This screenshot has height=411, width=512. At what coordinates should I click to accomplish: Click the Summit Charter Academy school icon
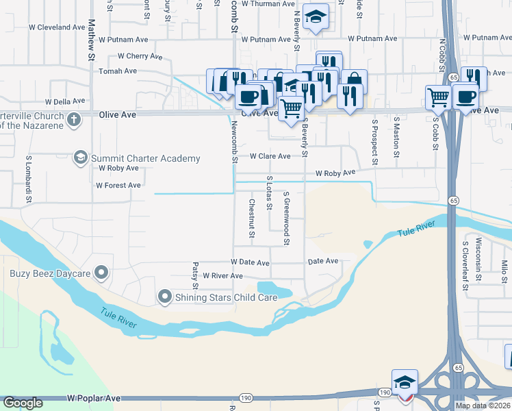(x=81, y=158)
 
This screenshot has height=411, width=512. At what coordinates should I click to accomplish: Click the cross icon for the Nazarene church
(x=74, y=120)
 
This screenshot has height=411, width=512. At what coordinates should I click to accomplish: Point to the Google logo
(x=23, y=403)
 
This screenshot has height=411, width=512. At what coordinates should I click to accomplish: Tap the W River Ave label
(x=218, y=276)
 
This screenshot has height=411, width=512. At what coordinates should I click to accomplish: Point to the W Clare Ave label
(x=270, y=156)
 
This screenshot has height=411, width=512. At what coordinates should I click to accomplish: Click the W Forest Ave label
(x=118, y=186)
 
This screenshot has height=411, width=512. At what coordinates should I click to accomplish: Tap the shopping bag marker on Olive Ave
(x=354, y=81)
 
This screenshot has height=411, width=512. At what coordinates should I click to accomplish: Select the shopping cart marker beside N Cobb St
(x=437, y=97)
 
